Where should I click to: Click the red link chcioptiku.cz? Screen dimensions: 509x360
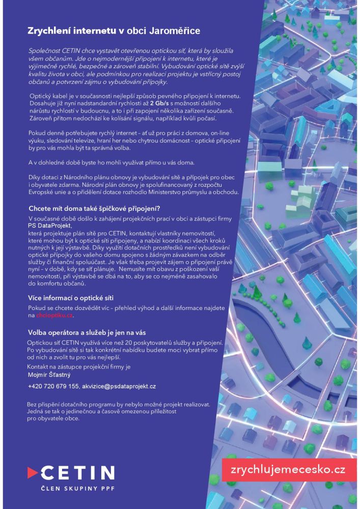(54, 316)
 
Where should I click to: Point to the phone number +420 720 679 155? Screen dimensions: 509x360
(53, 387)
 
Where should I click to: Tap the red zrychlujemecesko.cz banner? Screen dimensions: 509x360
(288, 469)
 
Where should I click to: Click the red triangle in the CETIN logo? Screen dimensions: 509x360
(33, 472)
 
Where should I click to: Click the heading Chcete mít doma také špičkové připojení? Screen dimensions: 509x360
(94, 208)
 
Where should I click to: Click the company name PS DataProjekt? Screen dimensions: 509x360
(49, 225)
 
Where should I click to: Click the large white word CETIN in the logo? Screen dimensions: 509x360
(78, 472)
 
